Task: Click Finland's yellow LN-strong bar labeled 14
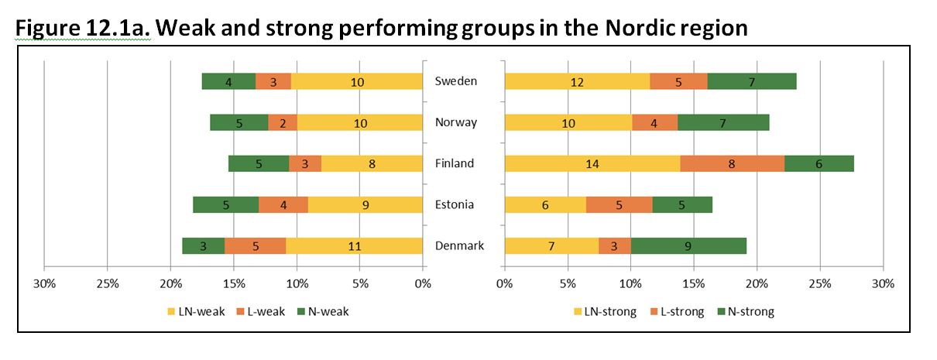pos(592,163)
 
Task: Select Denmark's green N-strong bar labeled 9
pos(688,245)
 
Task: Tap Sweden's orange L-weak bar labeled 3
pos(273,81)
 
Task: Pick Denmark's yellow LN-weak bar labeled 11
pos(354,245)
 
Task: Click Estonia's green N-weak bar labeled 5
pos(225,204)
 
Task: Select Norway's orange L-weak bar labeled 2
pos(283,122)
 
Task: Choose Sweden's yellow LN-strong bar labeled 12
pos(577,81)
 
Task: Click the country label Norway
pos(456,122)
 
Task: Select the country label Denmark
pos(459,246)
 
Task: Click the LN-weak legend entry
pos(196,312)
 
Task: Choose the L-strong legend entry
pos(678,312)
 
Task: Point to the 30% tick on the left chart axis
pos(44,284)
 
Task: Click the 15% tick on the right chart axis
pos(694,284)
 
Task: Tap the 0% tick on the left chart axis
pos(422,284)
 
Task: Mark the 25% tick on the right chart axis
pos(820,284)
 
